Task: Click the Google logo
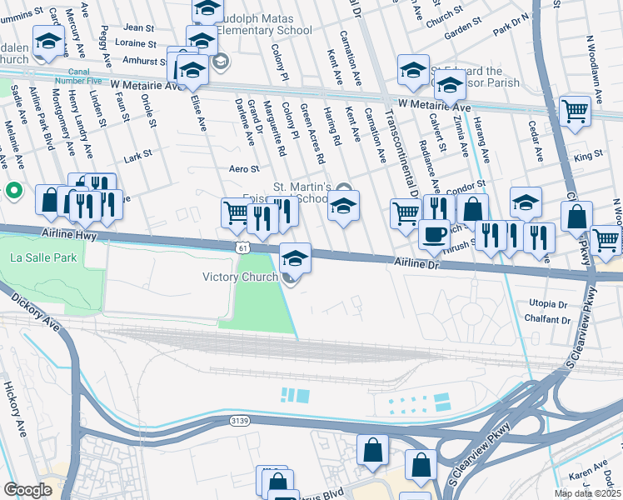click(27, 490)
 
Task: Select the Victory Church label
click(242, 277)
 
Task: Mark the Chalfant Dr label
click(549, 320)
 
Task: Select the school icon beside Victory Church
click(295, 257)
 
